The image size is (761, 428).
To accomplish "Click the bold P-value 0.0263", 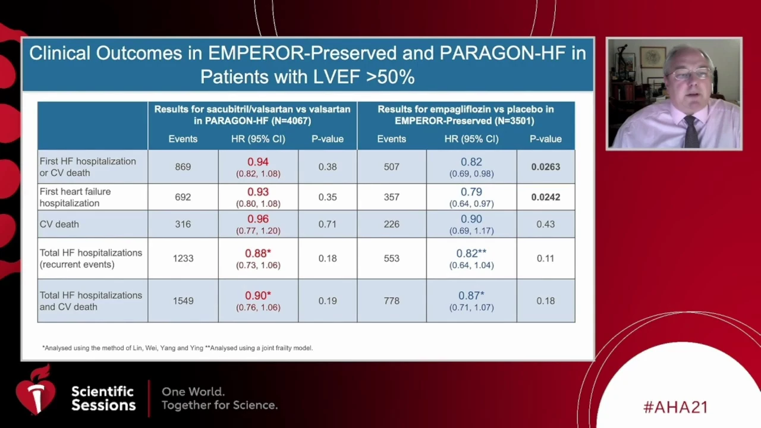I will click(545, 167).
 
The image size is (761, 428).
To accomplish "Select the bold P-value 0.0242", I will click(545, 197).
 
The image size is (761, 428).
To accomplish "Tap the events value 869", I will click(183, 167).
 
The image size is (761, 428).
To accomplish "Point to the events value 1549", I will click(183, 301).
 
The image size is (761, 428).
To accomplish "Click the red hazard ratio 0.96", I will click(257, 219).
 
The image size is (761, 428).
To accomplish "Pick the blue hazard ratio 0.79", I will click(471, 192).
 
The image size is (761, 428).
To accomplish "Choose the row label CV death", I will click(59, 224).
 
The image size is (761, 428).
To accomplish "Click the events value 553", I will click(391, 259).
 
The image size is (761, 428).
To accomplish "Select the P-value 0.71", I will click(327, 224).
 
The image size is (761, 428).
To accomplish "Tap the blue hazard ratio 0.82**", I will click(471, 253).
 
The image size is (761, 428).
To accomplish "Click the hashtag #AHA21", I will click(675, 407).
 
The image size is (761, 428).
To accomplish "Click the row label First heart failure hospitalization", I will click(75, 197).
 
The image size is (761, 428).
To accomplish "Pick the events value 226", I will click(391, 224).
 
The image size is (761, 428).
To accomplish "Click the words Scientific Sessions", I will click(103, 398).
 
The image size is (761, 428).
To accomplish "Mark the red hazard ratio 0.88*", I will click(257, 253).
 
